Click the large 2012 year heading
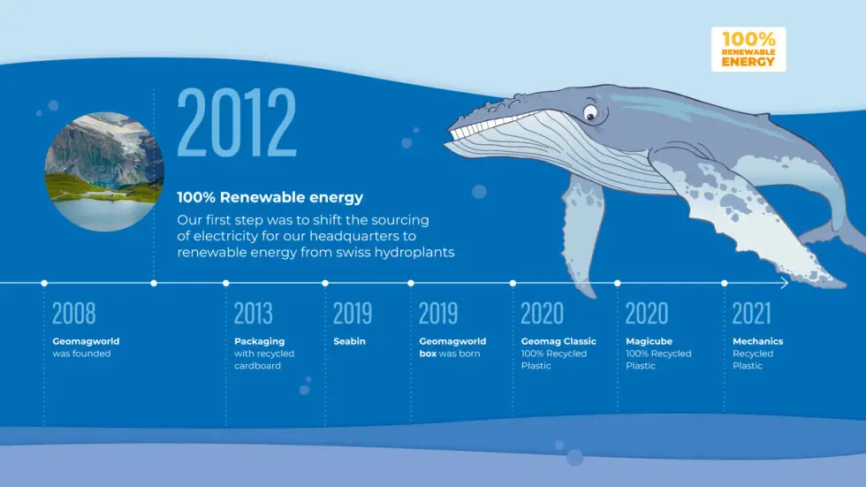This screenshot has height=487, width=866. (x=237, y=122)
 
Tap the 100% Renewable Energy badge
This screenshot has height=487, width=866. (x=748, y=49)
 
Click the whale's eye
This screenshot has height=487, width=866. (x=590, y=113)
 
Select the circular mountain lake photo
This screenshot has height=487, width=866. (x=104, y=171)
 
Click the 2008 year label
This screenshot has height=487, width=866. (x=74, y=313)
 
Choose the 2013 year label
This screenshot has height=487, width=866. (x=253, y=313)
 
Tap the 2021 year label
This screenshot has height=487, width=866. (x=751, y=313)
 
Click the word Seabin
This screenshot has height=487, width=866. (x=350, y=341)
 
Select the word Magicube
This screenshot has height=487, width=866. (x=649, y=341)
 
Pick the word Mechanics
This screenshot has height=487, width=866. (x=758, y=341)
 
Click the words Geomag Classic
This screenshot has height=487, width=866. (x=558, y=341)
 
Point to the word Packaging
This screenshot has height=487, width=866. (x=260, y=341)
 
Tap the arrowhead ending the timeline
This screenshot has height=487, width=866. (x=785, y=283)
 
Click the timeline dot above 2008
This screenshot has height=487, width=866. (x=44, y=283)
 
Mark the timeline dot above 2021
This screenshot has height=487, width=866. (x=724, y=283)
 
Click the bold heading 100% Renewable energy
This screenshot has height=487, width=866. (x=270, y=197)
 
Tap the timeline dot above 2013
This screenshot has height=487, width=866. (x=226, y=283)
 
